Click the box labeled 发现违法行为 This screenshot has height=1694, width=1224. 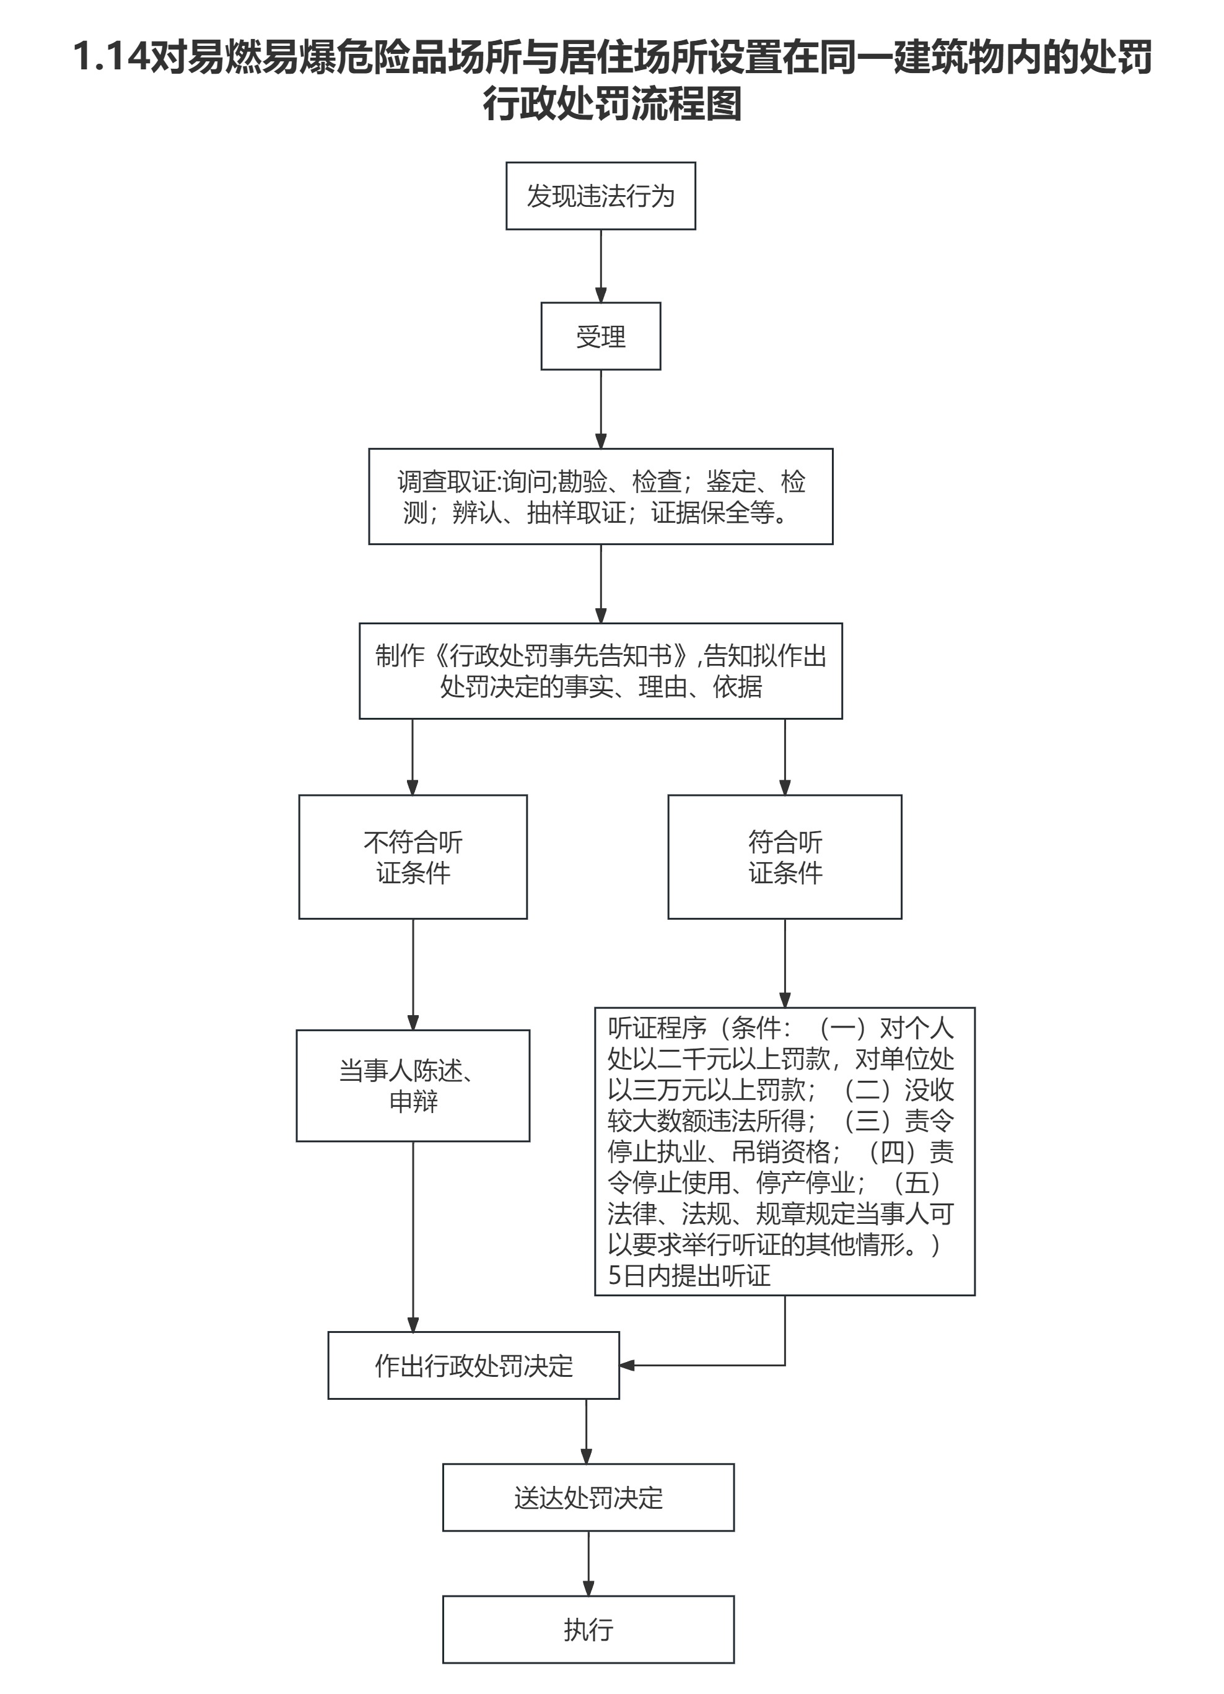click(x=600, y=196)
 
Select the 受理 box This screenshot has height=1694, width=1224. click(x=600, y=336)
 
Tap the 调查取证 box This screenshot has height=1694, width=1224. click(x=600, y=497)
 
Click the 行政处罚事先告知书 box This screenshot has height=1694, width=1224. click(x=600, y=671)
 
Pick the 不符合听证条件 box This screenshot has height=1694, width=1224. click(x=413, y=857)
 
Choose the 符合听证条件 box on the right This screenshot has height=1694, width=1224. click(x=784, y=857)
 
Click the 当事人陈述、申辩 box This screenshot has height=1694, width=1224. click(x=413, y=1085)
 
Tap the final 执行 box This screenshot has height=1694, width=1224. click(x=588, y=1629)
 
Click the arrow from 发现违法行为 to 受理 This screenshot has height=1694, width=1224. click(x=600, y=266)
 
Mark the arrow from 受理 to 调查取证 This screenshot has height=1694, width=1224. click(x=600, y=409)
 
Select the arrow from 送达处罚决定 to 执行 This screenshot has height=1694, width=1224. click(x=588, y=1563)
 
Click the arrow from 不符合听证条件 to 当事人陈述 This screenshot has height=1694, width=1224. click(x=413, y=974)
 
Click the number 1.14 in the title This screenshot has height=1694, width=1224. click(x=112, y=57)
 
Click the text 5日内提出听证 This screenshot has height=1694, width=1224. click(x=689, y=1275)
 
